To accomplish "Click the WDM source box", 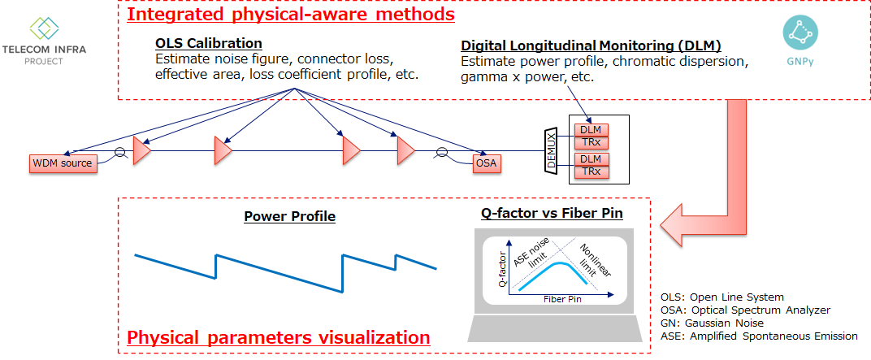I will click(62, 163).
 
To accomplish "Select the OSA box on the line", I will click(485, 163).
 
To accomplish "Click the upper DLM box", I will click(590, 130).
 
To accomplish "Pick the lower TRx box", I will click(590, 171).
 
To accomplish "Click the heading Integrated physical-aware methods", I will click(290, 14).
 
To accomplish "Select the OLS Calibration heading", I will click(208, 43).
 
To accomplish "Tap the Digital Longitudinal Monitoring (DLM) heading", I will click(591, 46).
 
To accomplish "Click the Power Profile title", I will click(289, 217).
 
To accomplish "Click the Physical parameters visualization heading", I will click(279, 337).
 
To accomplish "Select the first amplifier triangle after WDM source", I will click(142, 151).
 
